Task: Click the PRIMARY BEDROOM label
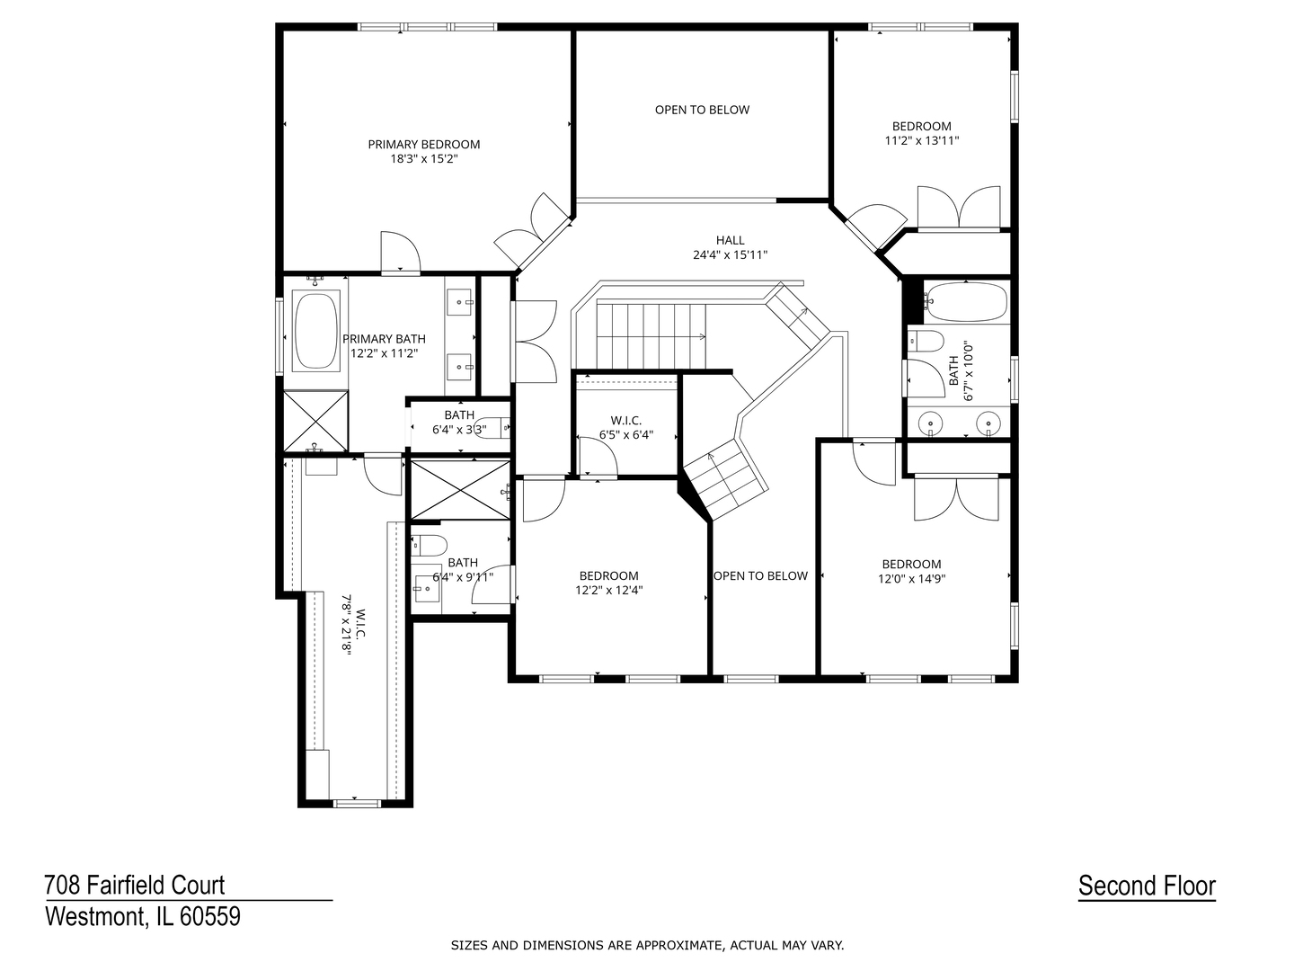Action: tap(423, 144)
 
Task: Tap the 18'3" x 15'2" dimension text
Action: tap(423, 158)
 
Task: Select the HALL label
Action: tap(730, 240)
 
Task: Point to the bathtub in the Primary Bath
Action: tap(315, 331)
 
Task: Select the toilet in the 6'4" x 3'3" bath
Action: tap(492, 429)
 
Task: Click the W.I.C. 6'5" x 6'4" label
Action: tap(625, 421)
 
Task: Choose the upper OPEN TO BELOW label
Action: tap(702, 110)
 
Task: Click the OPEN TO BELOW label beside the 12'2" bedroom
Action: tap(760, 575)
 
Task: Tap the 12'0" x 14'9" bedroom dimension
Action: tap(911, 579)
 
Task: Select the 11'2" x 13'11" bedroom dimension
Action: tap(921, 140)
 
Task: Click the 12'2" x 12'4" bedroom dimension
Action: tap(608, 591)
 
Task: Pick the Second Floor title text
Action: tap(1147, 886)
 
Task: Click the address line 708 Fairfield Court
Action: tap(135, 885)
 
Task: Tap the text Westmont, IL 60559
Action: tap(143, 916)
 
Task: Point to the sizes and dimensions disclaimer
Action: tap(647, 945)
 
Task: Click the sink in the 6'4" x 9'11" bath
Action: tap(425, 590)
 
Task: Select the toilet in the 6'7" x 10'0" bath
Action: tap(926, 341)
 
